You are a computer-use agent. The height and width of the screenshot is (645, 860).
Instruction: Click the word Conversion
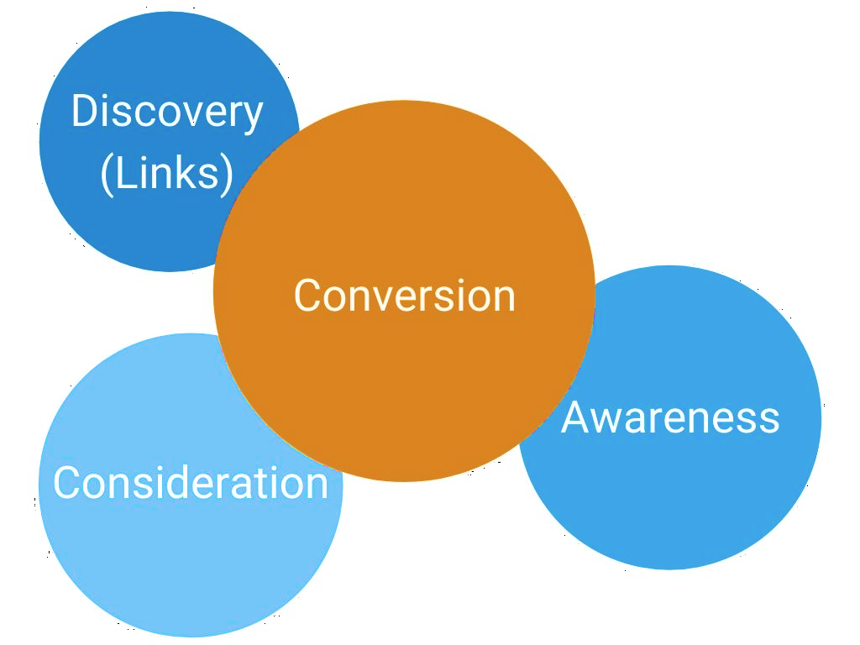click(404, 296)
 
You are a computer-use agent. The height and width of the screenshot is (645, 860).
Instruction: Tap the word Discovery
click(167, 113)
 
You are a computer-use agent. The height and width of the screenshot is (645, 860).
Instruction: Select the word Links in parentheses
click(167, 173)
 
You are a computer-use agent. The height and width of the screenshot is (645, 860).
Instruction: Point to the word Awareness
click(670, 417)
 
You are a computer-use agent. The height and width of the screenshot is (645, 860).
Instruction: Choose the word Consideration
click(191, 483)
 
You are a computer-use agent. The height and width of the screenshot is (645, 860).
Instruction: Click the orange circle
click(404, 378)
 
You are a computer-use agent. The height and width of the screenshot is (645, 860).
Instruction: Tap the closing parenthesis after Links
click(227, 175)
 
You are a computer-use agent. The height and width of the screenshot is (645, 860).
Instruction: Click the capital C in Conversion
click(307, 296)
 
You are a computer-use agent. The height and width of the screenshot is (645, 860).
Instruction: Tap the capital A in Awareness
click(578, 417)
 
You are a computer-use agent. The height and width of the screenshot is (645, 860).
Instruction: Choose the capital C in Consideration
click(67, 483)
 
